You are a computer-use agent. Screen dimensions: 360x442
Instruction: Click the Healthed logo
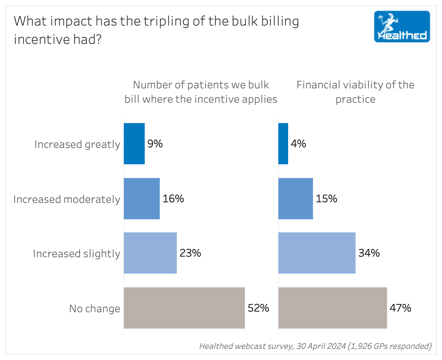(x=402, y=27)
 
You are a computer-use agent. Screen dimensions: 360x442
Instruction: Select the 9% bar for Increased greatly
(x=134, y=144)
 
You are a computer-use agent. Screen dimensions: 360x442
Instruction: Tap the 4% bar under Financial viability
(x=283, y=144)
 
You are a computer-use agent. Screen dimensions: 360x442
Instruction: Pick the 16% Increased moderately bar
(x=142, y=199)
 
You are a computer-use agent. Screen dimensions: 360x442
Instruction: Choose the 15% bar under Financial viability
(x=296, y=199)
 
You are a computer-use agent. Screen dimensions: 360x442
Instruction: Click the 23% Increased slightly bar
(x=150, y=253)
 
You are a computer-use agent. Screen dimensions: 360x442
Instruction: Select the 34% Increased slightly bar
(x=317, y=253)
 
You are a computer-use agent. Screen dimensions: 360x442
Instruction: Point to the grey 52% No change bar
(x=184, y=308)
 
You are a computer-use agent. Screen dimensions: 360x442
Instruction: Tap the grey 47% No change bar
(x=333, y=308)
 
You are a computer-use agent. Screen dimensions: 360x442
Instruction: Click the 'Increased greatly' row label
(x=77, y=144)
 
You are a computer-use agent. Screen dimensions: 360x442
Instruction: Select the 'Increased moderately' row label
(x=67, y=199)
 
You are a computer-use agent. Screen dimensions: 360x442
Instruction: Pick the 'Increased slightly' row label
(x=77, y=254)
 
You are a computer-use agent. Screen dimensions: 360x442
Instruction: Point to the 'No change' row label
(x=95, y=309)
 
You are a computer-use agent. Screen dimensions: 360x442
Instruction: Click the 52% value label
(x=258, y=308)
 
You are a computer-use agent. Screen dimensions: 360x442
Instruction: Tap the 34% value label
(x=369, y=253)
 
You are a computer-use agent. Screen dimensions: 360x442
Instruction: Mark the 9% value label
(x=155, y=144)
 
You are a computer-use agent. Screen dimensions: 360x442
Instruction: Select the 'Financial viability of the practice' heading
(x=355, y=92)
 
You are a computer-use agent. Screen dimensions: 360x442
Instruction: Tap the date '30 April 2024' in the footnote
(x=321, y=346)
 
